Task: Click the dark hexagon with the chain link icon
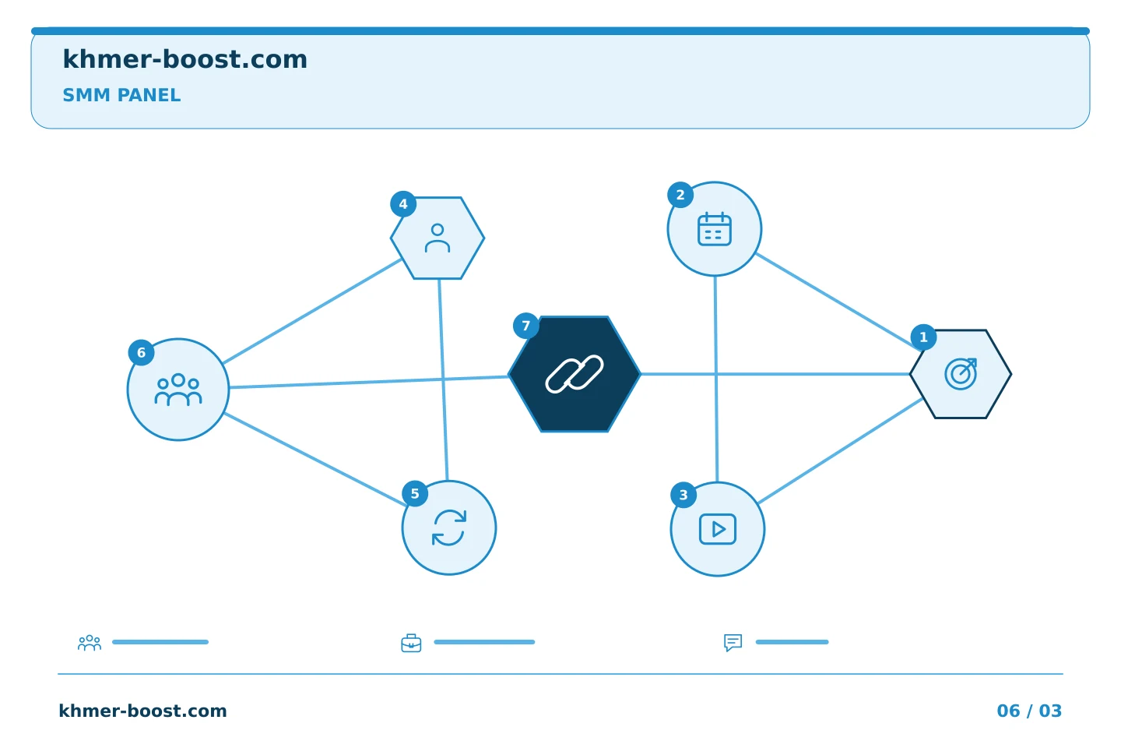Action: [575, 374]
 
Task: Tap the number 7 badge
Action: [526, 326]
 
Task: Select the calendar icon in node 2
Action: [715, 229]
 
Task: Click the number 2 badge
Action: [680, 195]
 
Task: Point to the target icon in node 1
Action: [961, 374]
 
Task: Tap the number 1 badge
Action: [924, 337]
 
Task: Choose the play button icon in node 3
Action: [718, 529]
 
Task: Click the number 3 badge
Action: [683, 495]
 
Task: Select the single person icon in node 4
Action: [438, 238]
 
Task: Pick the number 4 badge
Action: [403, 204]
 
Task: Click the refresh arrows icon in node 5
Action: [449, 527]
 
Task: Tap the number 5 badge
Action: [415, 493]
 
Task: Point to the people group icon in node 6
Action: [178, 390]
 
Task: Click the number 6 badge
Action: [141, 353]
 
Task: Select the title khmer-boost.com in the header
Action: [184, 59]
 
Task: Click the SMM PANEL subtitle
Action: [121, 95]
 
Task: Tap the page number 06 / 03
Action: [1029, 711]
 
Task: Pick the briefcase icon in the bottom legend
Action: [411, 643]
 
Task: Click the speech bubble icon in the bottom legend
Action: [733, 643]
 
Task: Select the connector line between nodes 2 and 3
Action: [716, 379]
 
